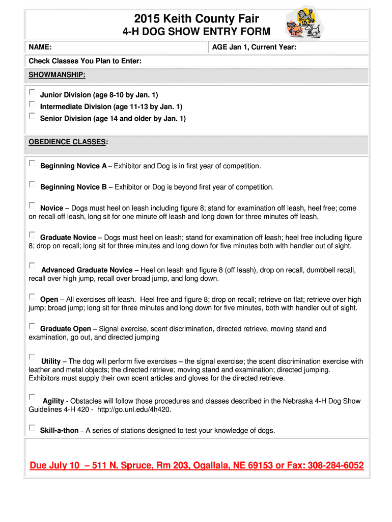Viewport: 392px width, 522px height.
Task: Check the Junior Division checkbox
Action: click(x=32, y=93)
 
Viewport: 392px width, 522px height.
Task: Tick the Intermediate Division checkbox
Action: click(x=32, y=105)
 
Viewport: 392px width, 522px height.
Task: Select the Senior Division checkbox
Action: click(x=32, y=116)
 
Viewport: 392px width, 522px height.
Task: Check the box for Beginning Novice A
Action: click(x=32, y=164)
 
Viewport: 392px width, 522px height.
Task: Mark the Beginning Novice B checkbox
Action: click(x=32, y=185)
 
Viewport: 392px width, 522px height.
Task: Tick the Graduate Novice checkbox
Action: click(x=32, y=235)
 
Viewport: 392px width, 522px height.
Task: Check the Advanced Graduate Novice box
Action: click(x=32, y=266)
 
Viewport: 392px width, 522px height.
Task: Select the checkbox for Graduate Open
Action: click(x=32, y=326)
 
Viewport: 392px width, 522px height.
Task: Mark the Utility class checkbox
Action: click(x=32, y=357)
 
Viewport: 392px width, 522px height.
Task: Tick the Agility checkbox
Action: click(x=32, y=397)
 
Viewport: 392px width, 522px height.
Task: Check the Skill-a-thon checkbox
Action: click(x=32, y=428)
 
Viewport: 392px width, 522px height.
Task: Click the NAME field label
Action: click(x=40, y=47)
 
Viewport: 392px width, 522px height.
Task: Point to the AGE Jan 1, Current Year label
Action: click(x=254, y=47)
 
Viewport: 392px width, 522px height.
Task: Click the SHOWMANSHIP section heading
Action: click(x=57, y=75)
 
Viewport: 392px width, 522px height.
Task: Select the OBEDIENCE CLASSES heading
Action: click(x=68, y=141)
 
